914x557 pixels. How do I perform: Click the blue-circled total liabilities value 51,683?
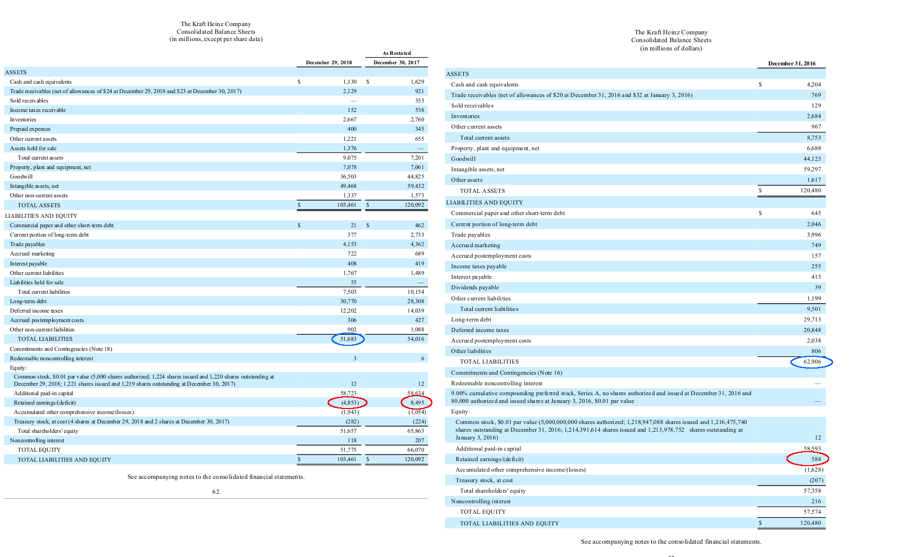pyautogui.click(x=348, y=339)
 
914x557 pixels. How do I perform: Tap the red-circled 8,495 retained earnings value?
pyautogui.click(x=417, y=402)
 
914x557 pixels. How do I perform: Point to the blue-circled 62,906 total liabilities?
pyautogui.click(x=812, y=362)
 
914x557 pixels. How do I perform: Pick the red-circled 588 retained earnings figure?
pyautogui.click(x=816, y=459)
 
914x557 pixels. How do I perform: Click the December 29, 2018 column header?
pyautogui.click(x=329, y=63)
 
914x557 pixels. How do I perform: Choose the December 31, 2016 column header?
pyautogui.click(x=792, y=64)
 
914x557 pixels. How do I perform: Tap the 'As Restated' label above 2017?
pyautogui.click(x=396, y=53)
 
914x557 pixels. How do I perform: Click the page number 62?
pyautogui.click(x=216, y=492)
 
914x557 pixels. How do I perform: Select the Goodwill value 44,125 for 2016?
pyautogui.click(x=812, y=159)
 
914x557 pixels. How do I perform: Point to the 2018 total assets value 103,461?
pyautogui.click(x=347, y=205)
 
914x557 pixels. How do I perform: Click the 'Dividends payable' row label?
pyautogui.click(x=474, y=288)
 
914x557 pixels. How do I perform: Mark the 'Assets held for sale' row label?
pyautogui.click(x=33, y=149)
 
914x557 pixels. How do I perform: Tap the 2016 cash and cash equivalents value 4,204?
pyautogui.click(x=814, y=85)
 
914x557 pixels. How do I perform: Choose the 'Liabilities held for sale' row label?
pyautogui.click(x=37, y=283)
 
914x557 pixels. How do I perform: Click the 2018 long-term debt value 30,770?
pyautogui.click(x=348, y=302)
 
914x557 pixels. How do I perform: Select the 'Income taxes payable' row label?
pyautogui.click(x=478, y=267)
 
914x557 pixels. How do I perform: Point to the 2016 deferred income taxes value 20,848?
pyautogui.click(x=812, y=330)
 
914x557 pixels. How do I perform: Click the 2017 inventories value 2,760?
pyautogui.click(x=417, y=120)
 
